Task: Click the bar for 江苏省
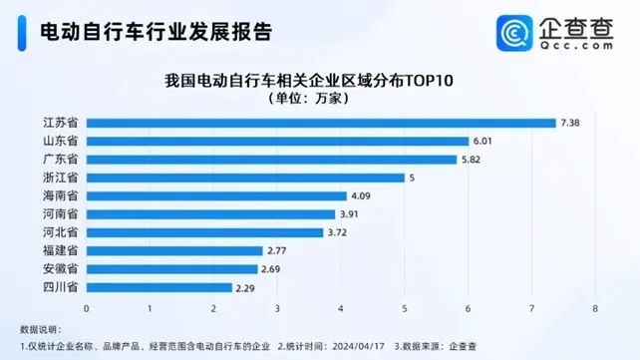(x=321, y=123)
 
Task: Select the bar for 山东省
(x=277, y=141)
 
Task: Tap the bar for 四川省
(x=160, y=287)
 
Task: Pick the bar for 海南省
(x=216, y=195)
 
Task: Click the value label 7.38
(x=571, y=123)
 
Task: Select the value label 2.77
(x=278, y=250)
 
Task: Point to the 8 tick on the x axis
(x=594, y=307)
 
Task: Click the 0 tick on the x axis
(x=87, y=307)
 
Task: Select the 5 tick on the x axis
(x=404, y=307)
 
